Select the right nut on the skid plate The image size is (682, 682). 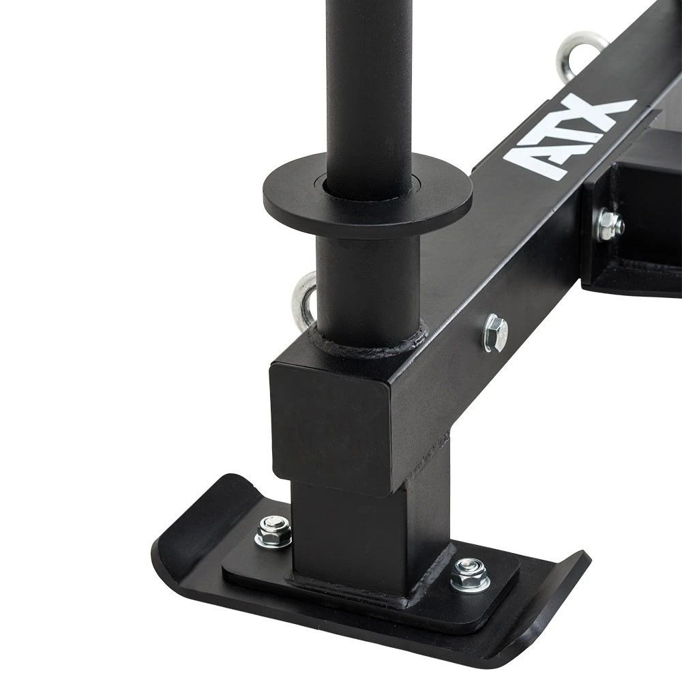coord(469,574)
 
